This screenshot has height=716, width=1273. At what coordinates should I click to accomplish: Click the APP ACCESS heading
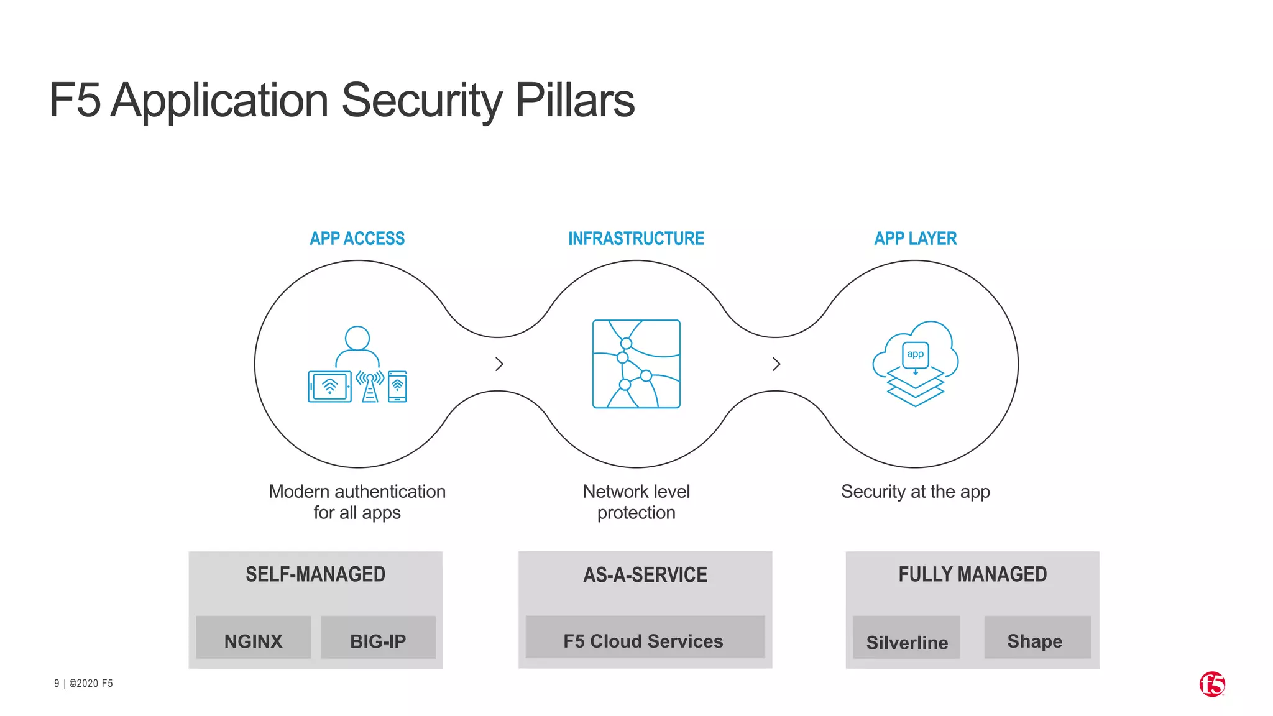click(x=357, y=239)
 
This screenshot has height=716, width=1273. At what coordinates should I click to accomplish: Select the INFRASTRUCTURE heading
click(x=636, y=239)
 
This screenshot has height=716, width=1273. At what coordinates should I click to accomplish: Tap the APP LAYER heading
click(x=915, y=239)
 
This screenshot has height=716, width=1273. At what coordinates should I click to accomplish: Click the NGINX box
click(x=253, y=638)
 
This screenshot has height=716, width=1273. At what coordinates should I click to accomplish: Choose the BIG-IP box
click(x=378, y=638)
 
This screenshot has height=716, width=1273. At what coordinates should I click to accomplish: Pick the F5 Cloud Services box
click(x=645, y=638)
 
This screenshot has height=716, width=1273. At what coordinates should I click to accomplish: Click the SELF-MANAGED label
click(x=315, y=574)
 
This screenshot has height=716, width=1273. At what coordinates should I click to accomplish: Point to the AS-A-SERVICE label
click(x=645, y=575)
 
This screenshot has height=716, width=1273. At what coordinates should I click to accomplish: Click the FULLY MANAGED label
click(x=972, y=574)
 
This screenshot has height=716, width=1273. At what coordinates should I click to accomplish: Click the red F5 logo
click(x=1211, y=684)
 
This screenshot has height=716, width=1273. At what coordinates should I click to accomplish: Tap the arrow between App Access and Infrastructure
click(x=499, y=364)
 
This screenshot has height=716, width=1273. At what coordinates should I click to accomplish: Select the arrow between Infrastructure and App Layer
click(x=776, y=364)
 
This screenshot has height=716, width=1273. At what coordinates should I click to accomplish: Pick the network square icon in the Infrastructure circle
click(x=636, y=364)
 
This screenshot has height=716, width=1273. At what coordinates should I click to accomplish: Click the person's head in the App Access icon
click(x=357, y=338)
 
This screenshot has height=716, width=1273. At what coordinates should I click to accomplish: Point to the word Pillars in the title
click(x=575, y=101)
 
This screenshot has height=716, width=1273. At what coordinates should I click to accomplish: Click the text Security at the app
click(x=915, y=492)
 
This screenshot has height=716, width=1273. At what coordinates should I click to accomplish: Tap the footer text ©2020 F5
click(x=91, y=683)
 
